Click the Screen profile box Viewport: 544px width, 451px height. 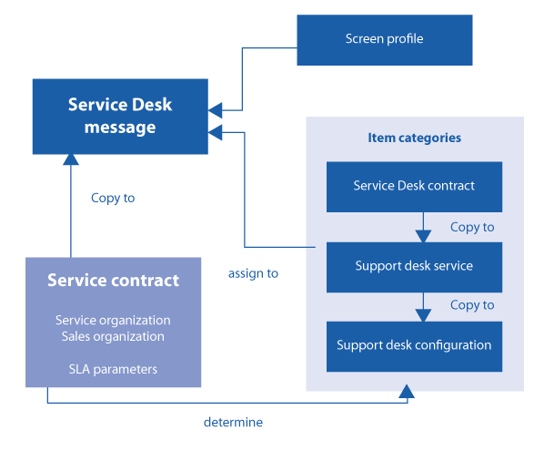tap(385, 40)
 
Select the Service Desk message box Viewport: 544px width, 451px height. tap(120, 117)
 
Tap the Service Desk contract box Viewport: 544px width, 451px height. tap(414, 187)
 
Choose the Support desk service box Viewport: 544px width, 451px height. tap(414, 267)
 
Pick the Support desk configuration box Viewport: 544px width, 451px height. tap(414, 346)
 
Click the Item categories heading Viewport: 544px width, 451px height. tap(415, 138)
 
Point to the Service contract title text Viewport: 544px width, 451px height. tap(113, 280)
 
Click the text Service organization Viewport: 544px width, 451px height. tap(113, 321)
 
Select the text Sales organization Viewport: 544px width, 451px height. tap(113, 337)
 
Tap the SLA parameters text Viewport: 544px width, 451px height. tap(113, 369)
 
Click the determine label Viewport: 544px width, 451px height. tap(233, 422)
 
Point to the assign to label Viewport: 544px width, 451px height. tap(253, 274)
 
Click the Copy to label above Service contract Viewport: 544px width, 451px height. tap(113, 198)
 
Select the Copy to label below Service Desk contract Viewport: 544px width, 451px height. tap(472, 227)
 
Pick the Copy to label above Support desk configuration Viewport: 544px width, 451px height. tap(472, 305)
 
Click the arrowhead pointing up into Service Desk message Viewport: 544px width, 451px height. tap(71, 159)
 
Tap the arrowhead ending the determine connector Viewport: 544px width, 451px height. tap(407, 391)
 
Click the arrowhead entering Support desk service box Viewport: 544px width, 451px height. tap(423, 236)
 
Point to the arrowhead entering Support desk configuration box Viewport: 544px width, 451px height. tap(423, 315)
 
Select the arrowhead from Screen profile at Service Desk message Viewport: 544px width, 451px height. tap(215, 110)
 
